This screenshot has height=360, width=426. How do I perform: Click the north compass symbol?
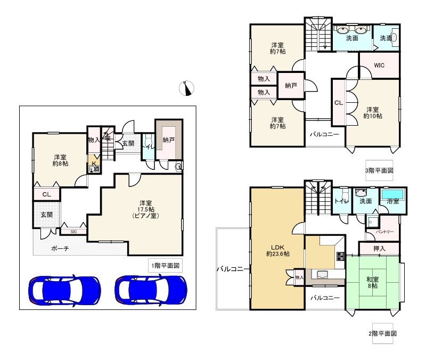[186, 88]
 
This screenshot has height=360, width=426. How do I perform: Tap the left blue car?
[64, 290]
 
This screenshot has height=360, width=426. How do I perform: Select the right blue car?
[151, 290]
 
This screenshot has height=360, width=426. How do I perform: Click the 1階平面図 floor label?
[166, 265]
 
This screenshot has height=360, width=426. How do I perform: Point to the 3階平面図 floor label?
[379, 170]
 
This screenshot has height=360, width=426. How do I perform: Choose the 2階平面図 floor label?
[382, 333]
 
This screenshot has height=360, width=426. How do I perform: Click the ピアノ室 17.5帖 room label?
[145, 209]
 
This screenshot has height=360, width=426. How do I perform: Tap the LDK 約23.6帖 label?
[277, 250]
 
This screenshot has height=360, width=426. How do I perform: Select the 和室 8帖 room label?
[372, 283]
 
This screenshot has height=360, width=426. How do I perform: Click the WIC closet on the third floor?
[379, 65]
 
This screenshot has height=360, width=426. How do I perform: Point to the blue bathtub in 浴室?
[393, 194]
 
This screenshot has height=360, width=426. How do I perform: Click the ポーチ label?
[60, 248]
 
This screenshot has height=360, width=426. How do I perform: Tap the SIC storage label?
[73, 232]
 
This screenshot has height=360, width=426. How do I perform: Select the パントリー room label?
[384, 232]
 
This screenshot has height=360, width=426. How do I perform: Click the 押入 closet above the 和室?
[379, 248]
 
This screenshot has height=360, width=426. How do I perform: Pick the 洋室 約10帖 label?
[372, 113]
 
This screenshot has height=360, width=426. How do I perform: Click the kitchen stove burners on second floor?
[341, 256]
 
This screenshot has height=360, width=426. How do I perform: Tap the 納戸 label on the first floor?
[168, 140]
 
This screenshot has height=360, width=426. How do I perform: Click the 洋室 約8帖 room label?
[60, 160]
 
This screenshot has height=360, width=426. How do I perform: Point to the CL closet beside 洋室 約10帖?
[339, 103]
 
